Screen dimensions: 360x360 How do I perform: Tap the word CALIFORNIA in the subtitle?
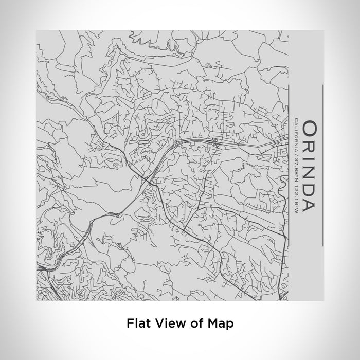point(297,135)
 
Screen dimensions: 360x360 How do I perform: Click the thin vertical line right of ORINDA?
point(323,166)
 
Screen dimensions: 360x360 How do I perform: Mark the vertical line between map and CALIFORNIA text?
point(289,166)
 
